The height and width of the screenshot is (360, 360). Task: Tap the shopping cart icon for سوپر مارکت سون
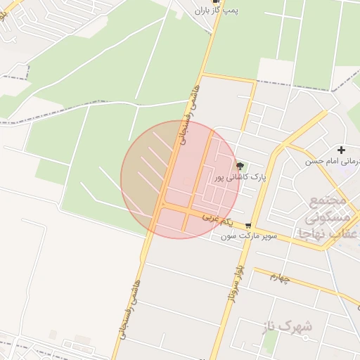click(249, 225)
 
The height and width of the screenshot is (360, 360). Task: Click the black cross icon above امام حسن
click(342, 150)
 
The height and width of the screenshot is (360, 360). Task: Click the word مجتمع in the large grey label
click(328, 202)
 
